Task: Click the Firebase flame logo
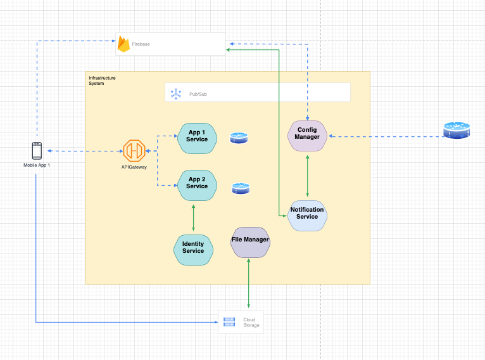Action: [123, 44]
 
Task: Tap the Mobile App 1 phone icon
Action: [37, 151]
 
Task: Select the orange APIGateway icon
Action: [134, 151]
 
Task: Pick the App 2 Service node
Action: [197, 183]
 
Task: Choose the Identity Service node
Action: [193, 248]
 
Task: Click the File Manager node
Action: [250, 241]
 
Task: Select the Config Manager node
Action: [307, 135]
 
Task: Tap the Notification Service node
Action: [307, 214]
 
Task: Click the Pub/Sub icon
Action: [175, 94]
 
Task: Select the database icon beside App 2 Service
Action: [241, 188]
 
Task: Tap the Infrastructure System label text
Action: [102, 80]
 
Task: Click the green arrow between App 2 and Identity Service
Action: [193, 217]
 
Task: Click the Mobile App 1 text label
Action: [37, 165]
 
